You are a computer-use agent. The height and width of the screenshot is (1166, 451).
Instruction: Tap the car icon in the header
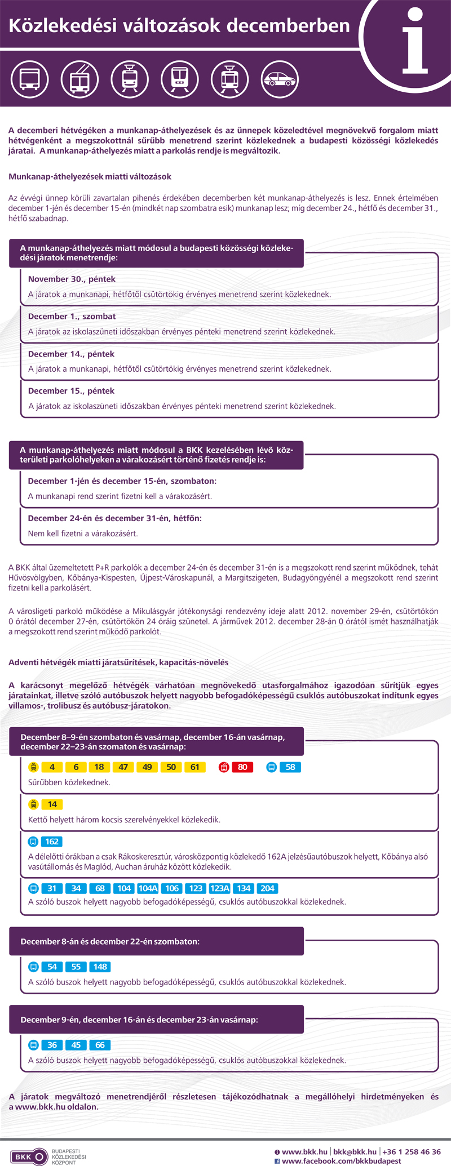coord(280,79)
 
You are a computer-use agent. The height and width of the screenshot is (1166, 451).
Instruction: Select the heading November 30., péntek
coord(72,279)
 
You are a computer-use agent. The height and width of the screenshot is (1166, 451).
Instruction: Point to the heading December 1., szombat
coord(72,317)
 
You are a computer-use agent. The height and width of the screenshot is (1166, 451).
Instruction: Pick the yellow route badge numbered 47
coord(123,767)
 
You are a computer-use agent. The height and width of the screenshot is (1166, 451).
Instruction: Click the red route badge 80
coord(242,767)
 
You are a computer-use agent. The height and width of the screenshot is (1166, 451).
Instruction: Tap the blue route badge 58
coord(290,767)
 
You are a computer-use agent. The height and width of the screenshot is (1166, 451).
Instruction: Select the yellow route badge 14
coord(52,804)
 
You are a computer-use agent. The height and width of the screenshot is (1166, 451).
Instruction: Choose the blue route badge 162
coord(52,842)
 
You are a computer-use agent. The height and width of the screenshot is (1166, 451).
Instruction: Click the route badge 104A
coord(148,888)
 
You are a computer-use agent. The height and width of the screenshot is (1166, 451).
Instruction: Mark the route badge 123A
coord(219,888)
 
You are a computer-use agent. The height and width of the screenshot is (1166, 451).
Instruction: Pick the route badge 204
coord(267,888)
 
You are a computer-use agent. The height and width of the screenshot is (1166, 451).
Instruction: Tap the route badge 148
coord(100,967)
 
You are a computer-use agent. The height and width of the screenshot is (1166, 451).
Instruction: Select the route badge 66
coord(100,1045)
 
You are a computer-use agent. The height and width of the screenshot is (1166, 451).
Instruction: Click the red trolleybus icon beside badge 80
coord(224,767)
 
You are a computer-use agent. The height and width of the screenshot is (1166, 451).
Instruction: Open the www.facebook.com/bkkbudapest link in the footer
coord(341,1161)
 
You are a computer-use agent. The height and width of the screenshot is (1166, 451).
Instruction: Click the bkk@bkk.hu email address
coord(355,1152)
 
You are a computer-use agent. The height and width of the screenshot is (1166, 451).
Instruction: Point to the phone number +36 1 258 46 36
coord(412,1152)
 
